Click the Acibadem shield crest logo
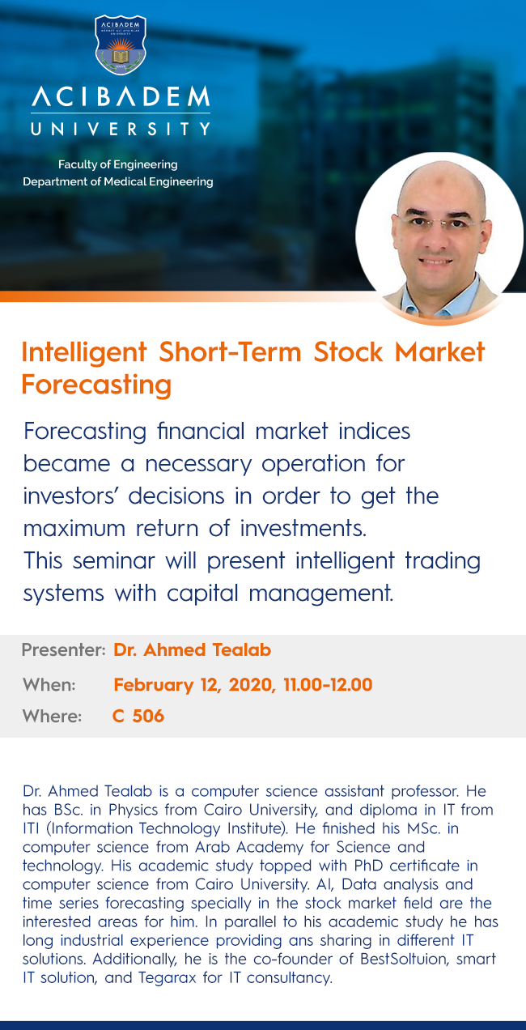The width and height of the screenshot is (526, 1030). pos(121,45)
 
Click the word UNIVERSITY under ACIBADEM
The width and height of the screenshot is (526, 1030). pos(121,129)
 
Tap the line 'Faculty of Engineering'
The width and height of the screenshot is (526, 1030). pos(117,164)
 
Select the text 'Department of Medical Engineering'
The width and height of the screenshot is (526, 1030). pos(118,181)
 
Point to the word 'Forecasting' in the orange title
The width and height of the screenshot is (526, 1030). pos(96,385)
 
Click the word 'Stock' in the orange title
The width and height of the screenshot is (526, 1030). pos(348,352)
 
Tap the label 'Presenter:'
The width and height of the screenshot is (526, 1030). pos(64,649)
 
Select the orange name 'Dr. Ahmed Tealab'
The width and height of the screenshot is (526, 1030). pos(192,649)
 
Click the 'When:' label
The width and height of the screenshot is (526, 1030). pos(49,685)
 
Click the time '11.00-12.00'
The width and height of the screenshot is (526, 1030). pos(328,685)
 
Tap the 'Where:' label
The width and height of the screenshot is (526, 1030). pos(52,716)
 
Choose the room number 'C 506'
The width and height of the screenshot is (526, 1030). pos(138,716)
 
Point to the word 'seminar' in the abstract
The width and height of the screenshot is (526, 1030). pos(113,561)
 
